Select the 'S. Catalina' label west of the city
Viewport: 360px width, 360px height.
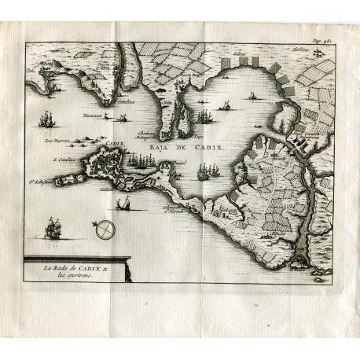(61, 160)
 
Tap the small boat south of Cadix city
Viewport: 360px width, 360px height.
(123, 204)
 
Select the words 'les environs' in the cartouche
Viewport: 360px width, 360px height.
(54, 282)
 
